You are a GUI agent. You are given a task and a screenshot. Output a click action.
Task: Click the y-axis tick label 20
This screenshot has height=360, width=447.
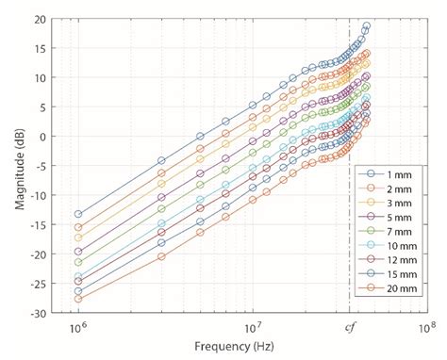pos(39,19)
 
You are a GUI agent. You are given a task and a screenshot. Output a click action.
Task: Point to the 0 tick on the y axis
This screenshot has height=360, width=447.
pos(42,136)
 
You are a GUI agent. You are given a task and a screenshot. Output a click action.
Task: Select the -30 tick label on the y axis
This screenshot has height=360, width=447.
pos(37,312)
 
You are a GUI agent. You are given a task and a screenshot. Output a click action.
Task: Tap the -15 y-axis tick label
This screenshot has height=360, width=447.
pos(37,224)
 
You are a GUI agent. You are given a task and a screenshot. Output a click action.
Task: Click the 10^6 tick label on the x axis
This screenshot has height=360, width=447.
pos(78,329)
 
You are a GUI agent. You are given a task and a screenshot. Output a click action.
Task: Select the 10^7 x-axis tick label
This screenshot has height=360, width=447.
pos(252,329)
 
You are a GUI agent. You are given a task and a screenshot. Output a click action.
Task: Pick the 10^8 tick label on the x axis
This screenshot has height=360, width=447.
pos(426,329)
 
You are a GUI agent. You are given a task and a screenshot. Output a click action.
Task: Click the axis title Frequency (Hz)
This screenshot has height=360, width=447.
pos(249,349)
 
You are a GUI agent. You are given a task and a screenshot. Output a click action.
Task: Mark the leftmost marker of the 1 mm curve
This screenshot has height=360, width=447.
pos(78,214)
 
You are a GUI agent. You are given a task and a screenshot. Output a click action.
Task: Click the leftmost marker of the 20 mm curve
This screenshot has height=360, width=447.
pos(78,299)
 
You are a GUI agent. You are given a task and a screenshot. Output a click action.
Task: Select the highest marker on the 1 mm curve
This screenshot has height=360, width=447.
pos(367,26)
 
